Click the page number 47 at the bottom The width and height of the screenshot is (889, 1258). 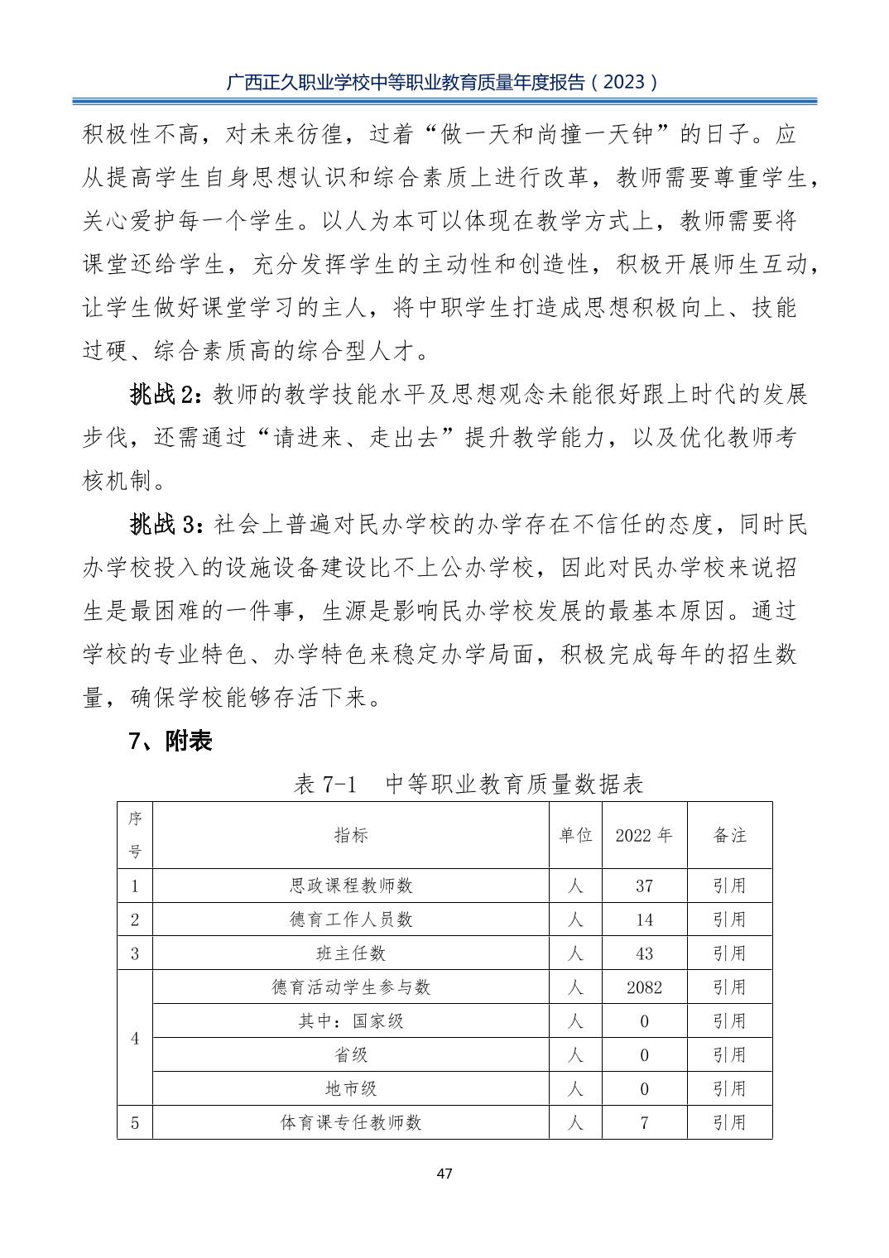click(x=444, y=1173)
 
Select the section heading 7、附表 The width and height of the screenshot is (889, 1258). click(x=171, y=741)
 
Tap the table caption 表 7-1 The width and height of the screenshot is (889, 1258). click(x=325, y=784)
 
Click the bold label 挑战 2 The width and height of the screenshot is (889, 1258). click(x=165, y=395)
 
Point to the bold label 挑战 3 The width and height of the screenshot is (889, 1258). click(x=165, y=524)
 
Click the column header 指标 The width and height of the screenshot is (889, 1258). click(x=351, y=835)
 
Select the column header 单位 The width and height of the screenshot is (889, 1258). click(x=576, y=835)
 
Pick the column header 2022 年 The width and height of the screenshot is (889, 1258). click(x=644, y=835)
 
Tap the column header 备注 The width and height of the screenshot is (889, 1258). click(x=729, y=835)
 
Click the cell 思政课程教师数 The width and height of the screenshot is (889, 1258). click(x=351, y=886)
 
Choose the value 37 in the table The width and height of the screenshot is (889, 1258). click(x=644, y=886)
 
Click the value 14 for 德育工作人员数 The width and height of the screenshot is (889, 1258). click(x=644, y=919)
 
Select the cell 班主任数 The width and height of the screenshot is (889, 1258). click(x=351, y=953)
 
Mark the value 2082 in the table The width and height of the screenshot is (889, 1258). click(x=644, y=987)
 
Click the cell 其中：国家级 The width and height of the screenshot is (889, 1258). click(x=351, y=1021)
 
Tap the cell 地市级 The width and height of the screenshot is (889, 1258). click(x=351, y=1089)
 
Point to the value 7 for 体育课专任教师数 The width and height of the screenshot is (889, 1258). click(x=644, y=1123)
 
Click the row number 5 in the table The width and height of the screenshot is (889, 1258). click(x=135, y=1123)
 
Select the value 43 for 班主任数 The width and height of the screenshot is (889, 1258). click(x=644, y=953)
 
